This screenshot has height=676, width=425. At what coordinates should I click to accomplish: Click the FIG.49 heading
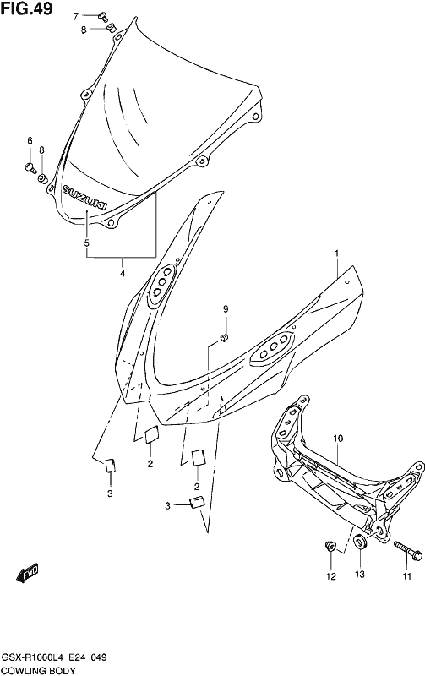[x=27, y=8]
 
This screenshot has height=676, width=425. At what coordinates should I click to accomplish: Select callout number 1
[x=337, y=252]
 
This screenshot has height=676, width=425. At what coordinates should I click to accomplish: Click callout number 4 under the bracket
[x=123, y=273]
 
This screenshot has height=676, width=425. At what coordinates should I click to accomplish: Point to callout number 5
[x=87, y=243]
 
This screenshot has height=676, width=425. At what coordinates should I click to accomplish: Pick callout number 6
[x=30, y=140]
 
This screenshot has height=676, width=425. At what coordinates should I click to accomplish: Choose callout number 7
[x=76, y=16]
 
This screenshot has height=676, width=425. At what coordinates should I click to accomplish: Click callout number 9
[x=226, y=308]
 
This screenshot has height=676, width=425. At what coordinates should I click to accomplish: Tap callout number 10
[x=338, y=439]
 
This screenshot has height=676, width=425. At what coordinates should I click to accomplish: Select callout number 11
[x=407, y=576]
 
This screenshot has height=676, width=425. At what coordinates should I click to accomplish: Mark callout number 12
[x=330, y=576]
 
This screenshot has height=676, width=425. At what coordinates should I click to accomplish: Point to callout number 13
[x=359, y=575]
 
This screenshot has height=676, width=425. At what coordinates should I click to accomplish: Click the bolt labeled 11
[x=408, y=551]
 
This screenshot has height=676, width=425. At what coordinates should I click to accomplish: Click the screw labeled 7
[x=102, y=17]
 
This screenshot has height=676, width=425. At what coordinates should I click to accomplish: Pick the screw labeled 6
[x=30, y=167]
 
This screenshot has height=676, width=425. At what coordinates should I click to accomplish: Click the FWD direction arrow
[x=27, y=573]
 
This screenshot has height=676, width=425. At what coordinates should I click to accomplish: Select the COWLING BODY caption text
[x=39, y=670]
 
